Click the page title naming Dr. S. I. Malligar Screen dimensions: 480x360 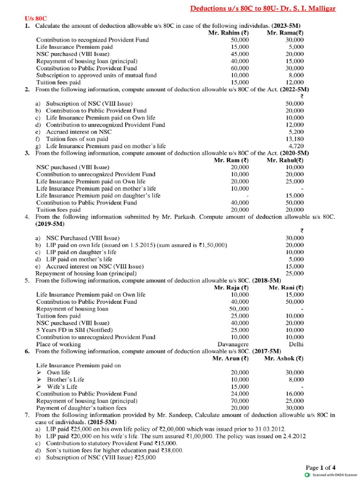click(262, 9)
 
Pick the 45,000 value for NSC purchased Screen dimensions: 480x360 click(240, 54)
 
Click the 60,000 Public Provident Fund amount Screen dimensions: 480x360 click(240, 68)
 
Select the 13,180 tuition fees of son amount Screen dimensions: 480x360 click(294, 139)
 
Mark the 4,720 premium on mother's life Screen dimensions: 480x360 click(296, 146)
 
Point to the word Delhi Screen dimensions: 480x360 click(296, 344)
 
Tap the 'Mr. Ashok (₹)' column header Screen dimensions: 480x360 click(284, 358)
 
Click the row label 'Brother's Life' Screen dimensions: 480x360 click(66, 380)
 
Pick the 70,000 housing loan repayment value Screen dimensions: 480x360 click(240, 401)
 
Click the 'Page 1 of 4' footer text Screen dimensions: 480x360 click(321, 467)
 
